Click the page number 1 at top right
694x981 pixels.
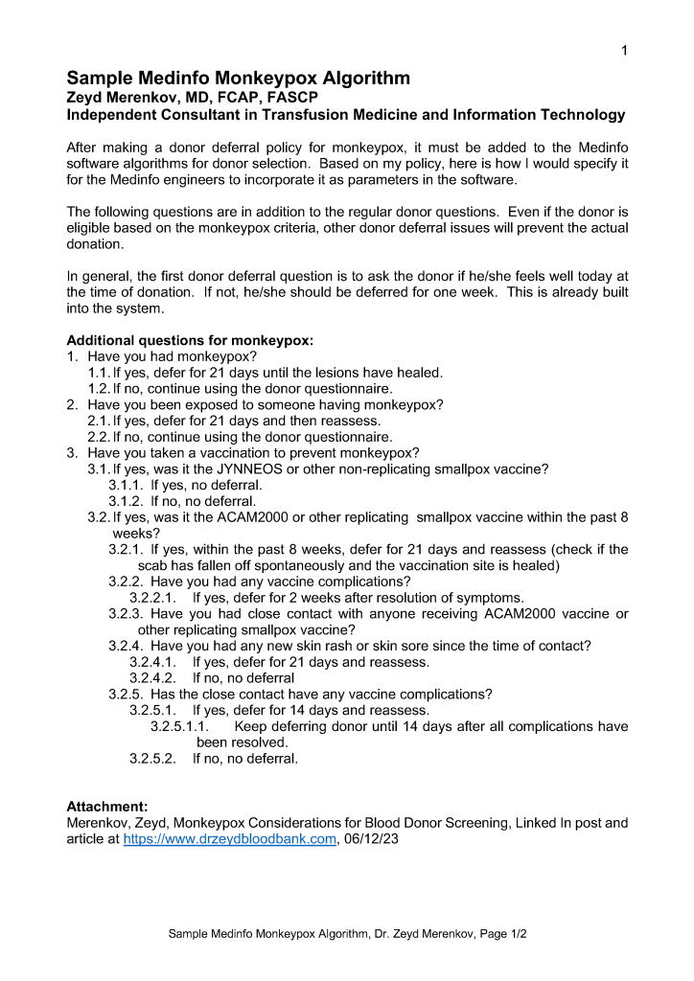point(624,51)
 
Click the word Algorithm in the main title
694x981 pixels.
point(363,79)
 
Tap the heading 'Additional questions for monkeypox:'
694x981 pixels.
point(190,340)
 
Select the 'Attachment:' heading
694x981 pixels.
point(106,807)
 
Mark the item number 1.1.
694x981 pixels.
point(99,372)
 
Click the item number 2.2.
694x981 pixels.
point(99,437)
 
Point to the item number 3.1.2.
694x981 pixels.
point(126,501)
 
